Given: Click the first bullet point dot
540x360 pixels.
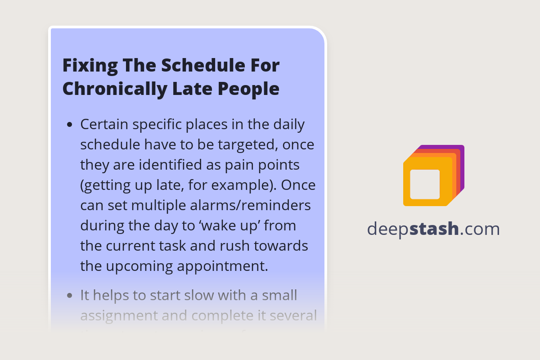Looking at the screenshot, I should (x=69, y=125).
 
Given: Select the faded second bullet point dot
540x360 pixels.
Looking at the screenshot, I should (x=69, y=296).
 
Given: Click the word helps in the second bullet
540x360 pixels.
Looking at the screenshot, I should (x=116, y=295).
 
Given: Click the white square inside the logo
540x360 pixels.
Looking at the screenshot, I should (x=425, y=184).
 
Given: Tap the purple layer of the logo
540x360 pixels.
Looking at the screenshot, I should (x=461, y=166).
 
